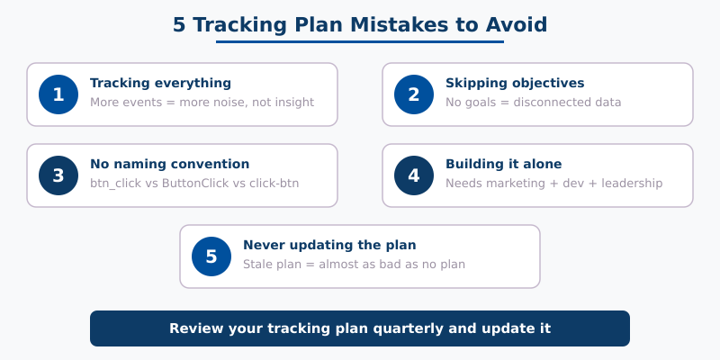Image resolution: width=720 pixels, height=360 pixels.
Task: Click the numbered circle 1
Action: coord(58,94)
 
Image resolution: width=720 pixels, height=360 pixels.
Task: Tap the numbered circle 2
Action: coord(414,94)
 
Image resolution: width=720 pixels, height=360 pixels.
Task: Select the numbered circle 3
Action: coord(58,175)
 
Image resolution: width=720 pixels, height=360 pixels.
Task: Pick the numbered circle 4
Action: coord(414,175)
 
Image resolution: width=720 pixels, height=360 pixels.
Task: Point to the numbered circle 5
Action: coord(211,256)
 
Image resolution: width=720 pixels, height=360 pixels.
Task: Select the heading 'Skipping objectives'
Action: coord(514,83)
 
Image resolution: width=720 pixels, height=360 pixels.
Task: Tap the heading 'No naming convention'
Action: coord(169,164)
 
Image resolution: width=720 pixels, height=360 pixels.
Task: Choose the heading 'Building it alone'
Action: coord(503,164)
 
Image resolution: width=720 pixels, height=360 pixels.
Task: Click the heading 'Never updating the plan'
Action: coord(329,245)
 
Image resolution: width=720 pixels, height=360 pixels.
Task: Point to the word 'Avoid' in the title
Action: coord(516,24)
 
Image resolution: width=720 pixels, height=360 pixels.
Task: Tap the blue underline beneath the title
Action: coord(360,41)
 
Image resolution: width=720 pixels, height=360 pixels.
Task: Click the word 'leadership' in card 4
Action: coord(630,184)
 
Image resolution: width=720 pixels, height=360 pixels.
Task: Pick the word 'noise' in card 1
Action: coord(231,103)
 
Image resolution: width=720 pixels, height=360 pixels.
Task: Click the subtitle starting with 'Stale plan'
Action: coord(354,265)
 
